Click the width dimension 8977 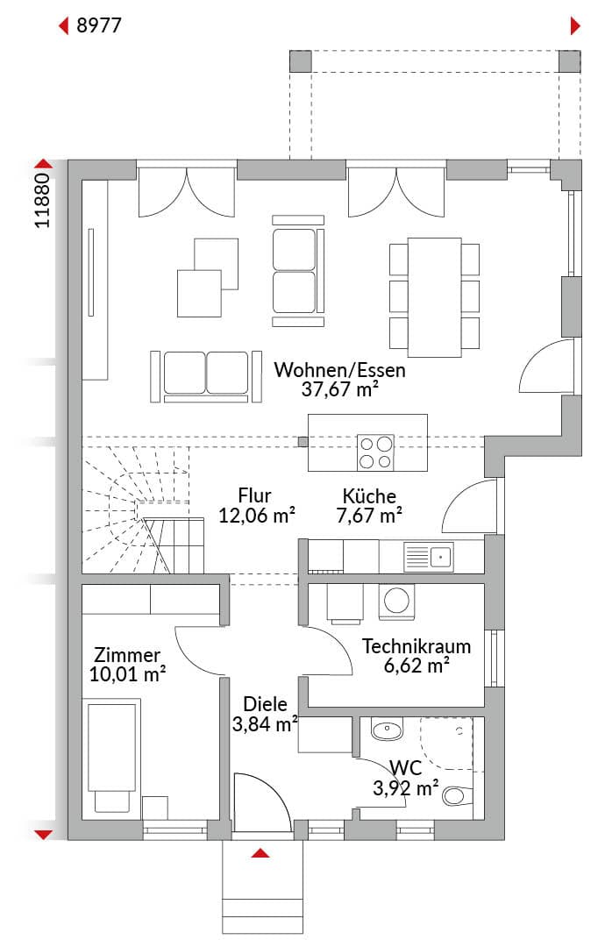click(x=98, y=25)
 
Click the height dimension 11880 click(x=42, y=201)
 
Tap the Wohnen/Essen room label click(x=339, y=370)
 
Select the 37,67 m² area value click(x=339, y=389)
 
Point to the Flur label click(x=254, y=495)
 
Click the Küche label click(x=369, y=496)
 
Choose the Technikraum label click(x=416, y=646)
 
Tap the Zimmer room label click(x=127, y=655)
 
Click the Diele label click(x=265, y=704)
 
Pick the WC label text click(x=405, y=768)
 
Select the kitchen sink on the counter click(x=428, y=557)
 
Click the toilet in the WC click(x=457, y=795)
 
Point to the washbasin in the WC click(x=387, y=730)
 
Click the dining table click(x=434, y=297)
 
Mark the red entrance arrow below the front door click(x=260, y=853)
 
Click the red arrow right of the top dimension click(x=576, y=26)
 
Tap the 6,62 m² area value click(x=416, y=666)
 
